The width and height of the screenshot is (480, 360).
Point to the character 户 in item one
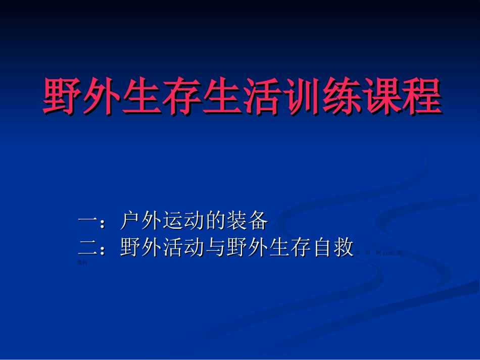coord(131,221)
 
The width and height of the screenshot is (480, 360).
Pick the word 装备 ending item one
coord(248,221)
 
